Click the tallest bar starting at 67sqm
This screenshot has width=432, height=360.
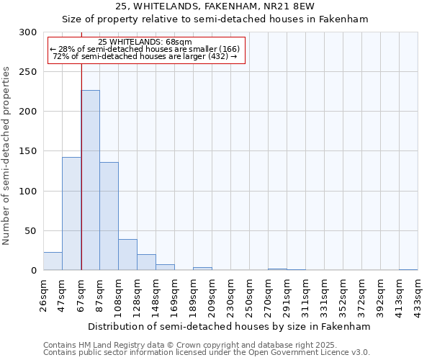pos(90,180)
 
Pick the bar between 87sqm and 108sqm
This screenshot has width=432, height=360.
pos(109,216)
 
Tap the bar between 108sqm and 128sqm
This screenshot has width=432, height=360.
pos(127,255)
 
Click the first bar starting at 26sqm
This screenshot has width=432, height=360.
pos(53,261)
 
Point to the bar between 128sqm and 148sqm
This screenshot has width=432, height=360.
pos(146,262)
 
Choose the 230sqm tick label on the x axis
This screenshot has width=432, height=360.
pos(230,295)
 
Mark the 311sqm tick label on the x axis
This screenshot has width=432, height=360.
pos(305,295)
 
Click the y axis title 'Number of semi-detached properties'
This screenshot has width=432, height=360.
pos(6,156)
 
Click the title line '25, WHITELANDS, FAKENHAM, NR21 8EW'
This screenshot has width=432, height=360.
pos(215,7)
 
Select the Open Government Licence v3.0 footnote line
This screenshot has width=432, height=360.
pos(207,352)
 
